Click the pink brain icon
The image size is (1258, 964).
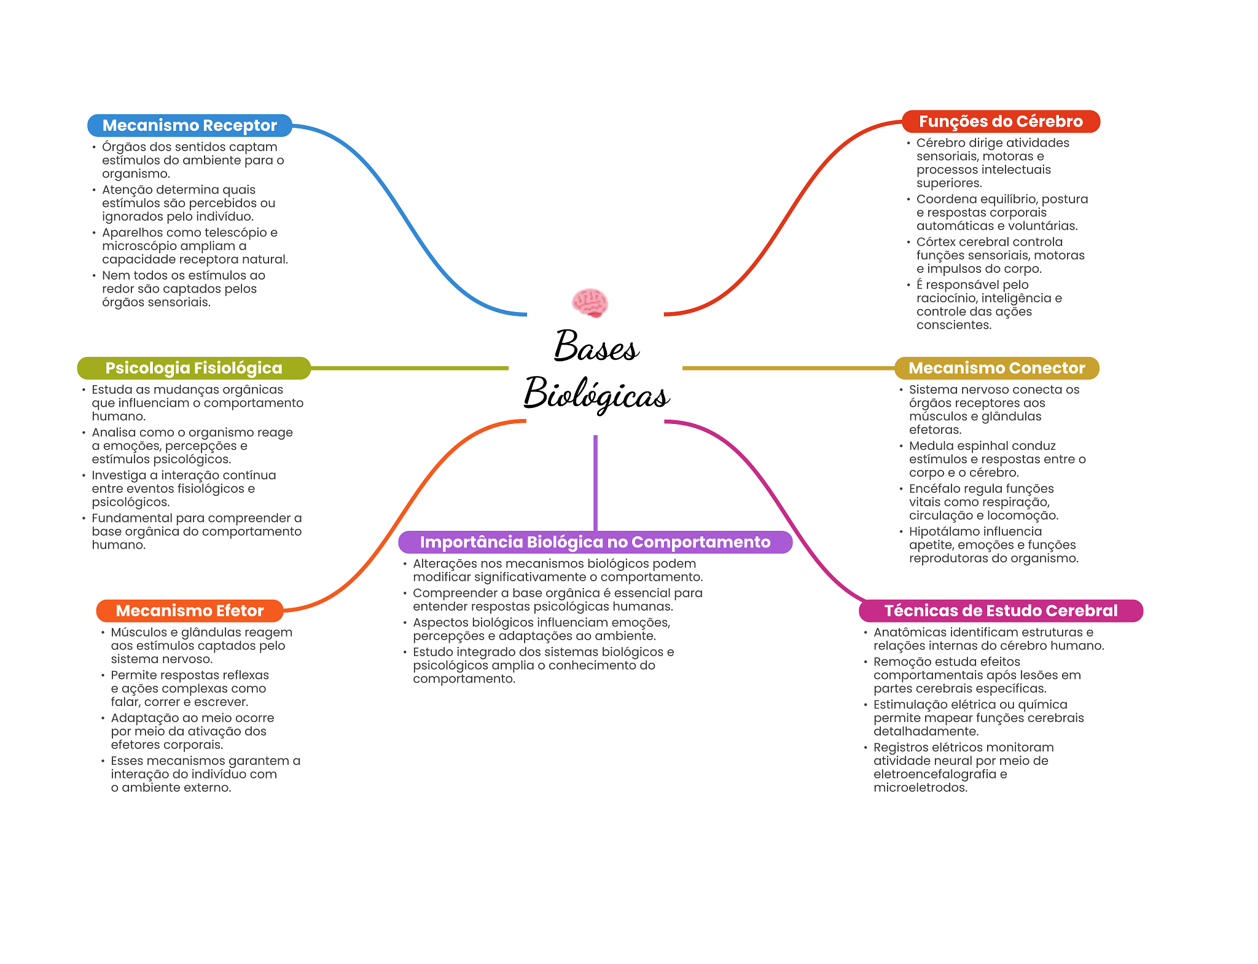pyautogui.click(x=590, y=303)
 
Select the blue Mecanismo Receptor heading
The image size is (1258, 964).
pyautogui.click(x=189, y=125)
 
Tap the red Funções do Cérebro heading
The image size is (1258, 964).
pyautogui.click(x=1000, y=122)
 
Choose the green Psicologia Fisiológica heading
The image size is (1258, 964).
pyautogui.click(x=193, y=368)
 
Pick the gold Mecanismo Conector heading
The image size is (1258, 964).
pyautogui.click(x=996, y=368)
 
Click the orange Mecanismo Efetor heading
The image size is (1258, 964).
pyautogui.click(x=189, y=611)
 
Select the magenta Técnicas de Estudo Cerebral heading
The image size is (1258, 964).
pyautogui.click(x=1001, y=611)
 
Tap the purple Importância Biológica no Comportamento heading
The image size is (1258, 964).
pyautogui.click(x=595, y=542)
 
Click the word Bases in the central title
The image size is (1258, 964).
pyautogui.click(x=596, y=347)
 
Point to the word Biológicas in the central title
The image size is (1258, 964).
pyautogui.click(x=596, y=394)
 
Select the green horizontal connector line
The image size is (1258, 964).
pyautogui.click(x=409, y=368)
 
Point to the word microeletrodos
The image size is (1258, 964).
pyautogui.click(x=920, y=788)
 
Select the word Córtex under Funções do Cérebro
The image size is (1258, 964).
pyautogui.click(x=936, y=242)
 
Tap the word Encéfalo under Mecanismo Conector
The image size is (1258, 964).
pyautogui.click(x=934, y=488)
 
